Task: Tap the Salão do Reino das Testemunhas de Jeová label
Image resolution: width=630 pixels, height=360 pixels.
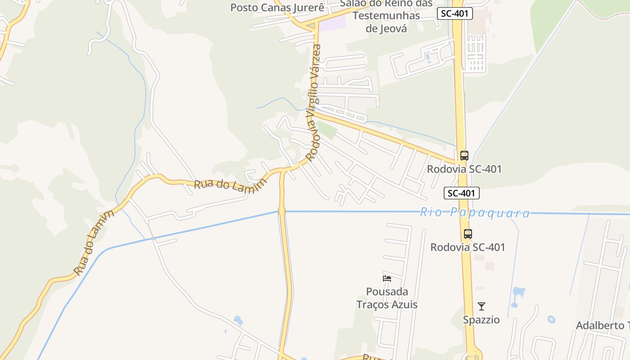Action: pyautogui.click(x=386, y=16)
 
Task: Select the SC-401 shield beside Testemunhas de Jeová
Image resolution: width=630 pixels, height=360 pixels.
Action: pyautogui.click(x=454, y=13)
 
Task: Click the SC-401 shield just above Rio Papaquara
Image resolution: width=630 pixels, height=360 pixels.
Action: pyautogui.click(x=461, y=193)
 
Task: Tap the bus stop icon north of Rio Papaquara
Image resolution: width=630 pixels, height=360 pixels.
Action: pyautogui.click(x=464, y=156)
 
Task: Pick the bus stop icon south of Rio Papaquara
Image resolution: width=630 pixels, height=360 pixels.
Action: pyautogui.click(x=468, y=234)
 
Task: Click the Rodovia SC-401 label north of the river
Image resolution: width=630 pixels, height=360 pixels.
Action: pyautogui.click(x=464, y=169)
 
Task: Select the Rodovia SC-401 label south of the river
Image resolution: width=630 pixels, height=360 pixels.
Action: pyautogui.click(x=468, y=247)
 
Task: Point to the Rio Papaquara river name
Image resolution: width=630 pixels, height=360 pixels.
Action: pyautogui.click(x=475, y=213)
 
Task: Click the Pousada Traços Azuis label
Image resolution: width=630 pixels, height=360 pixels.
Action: pyautogui.click(x=387, y=298)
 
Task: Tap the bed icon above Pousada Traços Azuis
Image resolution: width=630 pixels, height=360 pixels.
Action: pyautogui.click(x=387, y=278)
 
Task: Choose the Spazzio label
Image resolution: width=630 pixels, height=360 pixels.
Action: pyautogui.click(x=481, y=320)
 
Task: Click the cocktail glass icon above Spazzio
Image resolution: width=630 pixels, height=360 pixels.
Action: pyautogui.click(x=481, y=306)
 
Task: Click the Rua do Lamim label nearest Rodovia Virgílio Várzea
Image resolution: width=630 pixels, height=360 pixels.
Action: pyautogui.click(x=230, y=184)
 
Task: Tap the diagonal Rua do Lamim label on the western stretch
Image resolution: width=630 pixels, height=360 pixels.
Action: pyautogui.click(x=94, y=242)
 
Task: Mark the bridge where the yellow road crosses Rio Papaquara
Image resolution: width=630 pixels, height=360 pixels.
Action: pyautogui.click(x=282, y=211)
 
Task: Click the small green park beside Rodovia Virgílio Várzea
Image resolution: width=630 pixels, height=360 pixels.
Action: pyautogui.click(x=327, y=130)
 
